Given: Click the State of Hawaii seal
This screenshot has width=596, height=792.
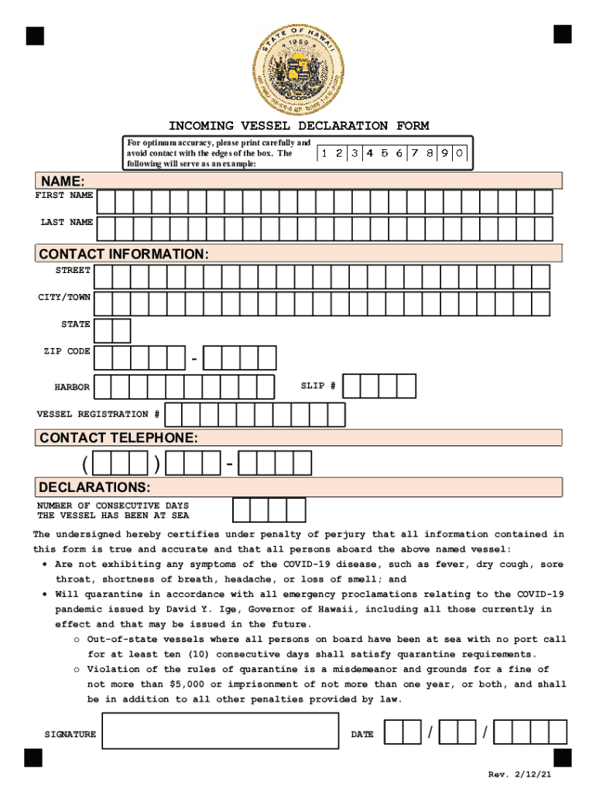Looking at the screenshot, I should (x=299, y=69).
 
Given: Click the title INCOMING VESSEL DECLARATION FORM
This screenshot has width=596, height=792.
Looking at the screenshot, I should (x=299, y=126).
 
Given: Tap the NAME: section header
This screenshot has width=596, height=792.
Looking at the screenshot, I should (x=62, y=181).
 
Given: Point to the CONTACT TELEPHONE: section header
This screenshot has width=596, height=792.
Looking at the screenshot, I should (x=118, y=438).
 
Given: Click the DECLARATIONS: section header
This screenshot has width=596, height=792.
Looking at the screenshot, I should (x=94, y=487).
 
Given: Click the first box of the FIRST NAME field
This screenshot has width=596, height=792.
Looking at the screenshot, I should (x=105, y=202).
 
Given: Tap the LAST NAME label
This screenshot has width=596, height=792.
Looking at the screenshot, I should (x=67, y=223).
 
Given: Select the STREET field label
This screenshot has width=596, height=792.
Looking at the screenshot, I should (x=72, y=271).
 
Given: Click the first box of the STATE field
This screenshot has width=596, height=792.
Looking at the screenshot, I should (x=102, y=330).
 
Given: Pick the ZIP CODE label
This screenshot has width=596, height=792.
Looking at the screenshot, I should (x=67, y=352).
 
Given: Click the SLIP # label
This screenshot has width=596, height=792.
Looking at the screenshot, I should (x=318, y=386).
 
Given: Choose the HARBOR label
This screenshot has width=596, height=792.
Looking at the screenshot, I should (x=71, y=387).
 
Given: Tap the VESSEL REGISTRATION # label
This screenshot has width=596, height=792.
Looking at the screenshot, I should (x=98, y=415).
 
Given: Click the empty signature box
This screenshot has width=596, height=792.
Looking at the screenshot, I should (x=220, y=731).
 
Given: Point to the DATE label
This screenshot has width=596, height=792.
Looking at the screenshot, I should (x=362, y=735).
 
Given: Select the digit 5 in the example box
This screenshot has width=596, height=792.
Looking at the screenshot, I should (x=385, y=153).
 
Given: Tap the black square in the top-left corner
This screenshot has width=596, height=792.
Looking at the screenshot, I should (x=34, y=36).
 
